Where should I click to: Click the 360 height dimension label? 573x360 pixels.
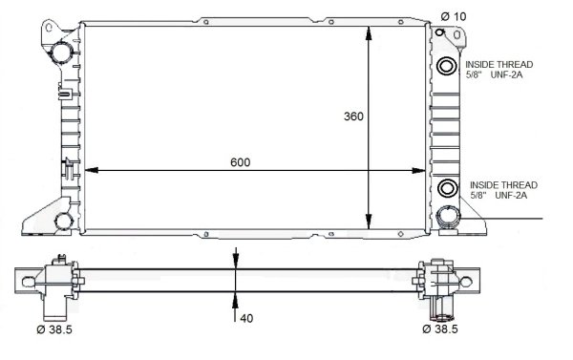[353, 116]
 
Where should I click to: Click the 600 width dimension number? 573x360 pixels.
[240, 162]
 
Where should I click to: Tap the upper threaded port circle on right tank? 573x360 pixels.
[447, 66]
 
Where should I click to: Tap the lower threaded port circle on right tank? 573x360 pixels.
[447, 187]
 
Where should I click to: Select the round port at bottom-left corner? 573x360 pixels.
[62, 222]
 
